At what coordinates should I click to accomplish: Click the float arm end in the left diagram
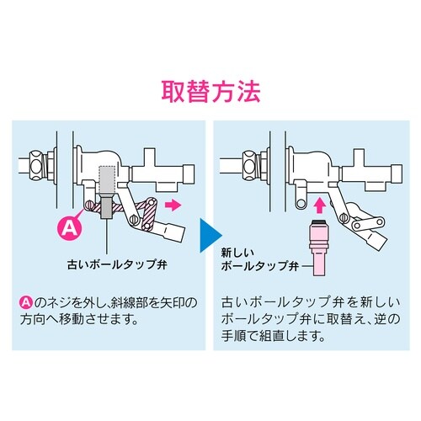pos(173,227)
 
